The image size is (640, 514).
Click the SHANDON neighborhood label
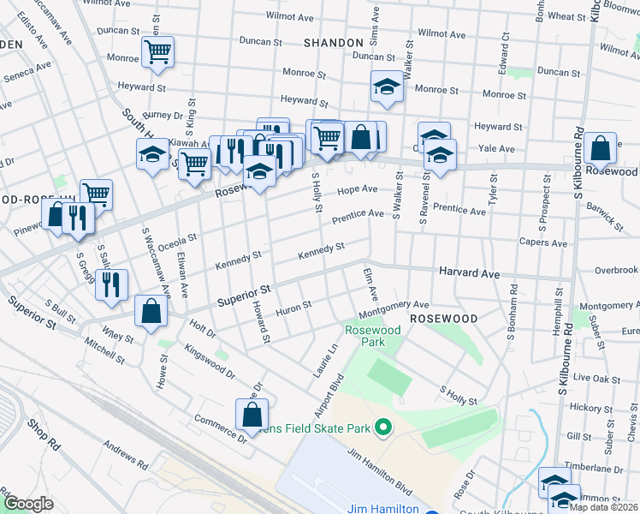[x=334, y=42]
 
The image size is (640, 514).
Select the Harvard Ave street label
[x=468, y=272]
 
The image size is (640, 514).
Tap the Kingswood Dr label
[x=209, y=362]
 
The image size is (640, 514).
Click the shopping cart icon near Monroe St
[x=158, y=51]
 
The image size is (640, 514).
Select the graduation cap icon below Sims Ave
[x=387, y=87]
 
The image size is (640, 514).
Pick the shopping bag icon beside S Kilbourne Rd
[x=601, y=147]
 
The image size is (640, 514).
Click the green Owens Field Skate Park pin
[x=384, y=426]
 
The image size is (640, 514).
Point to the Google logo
[x=28, y=504]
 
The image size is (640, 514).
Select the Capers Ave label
[x=543, y=243]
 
